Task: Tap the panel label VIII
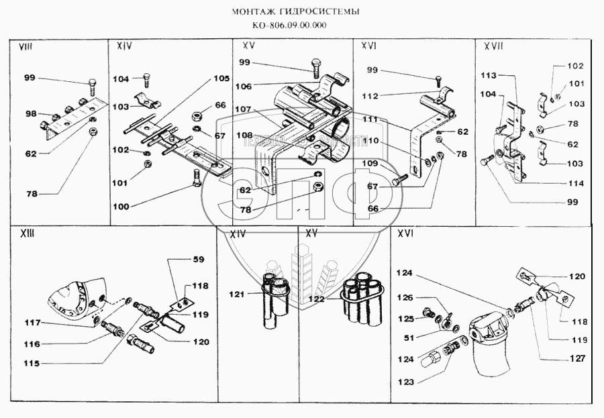26,47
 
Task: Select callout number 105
221,79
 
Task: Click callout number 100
121,207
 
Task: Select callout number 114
574,183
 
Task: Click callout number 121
236,293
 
